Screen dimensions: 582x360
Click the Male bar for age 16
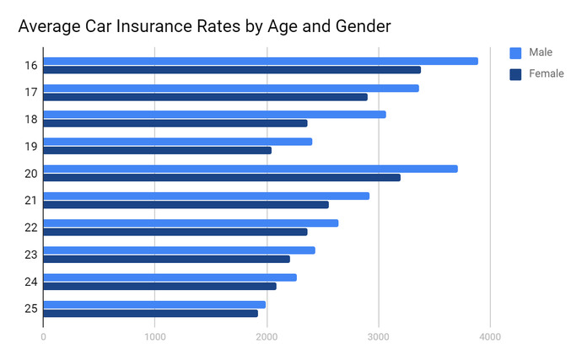(x=261, y=62)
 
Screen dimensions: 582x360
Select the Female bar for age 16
(x=232, y=70)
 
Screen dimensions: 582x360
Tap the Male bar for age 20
(x=251, y=169)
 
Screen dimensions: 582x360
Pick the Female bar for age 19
(x=158, y=150)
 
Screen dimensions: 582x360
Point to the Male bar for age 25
(x=154, y=304)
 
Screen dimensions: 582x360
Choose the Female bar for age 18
(x=175, y=123)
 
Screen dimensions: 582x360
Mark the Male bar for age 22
(x=191, y=223)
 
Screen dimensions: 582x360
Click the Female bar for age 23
(x=167, y=259)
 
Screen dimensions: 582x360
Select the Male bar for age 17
(x=231, y=89)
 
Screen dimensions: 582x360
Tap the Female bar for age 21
(x=186, y=205)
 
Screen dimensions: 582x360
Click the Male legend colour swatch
(x=515, y=53)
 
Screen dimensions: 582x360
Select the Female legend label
(x=547, y=73)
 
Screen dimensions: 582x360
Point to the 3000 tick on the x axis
(x=379, y=337)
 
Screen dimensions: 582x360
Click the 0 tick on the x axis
(x=43, y=337)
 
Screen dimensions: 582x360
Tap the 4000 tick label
(x=490, y=337)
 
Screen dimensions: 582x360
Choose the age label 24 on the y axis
(x=31, y=282)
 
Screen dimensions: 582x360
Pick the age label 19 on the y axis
(x=31, y=147)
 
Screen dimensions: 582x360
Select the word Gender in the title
(x=363, y=26)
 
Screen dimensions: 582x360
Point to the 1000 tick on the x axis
(x=155, y=337)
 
